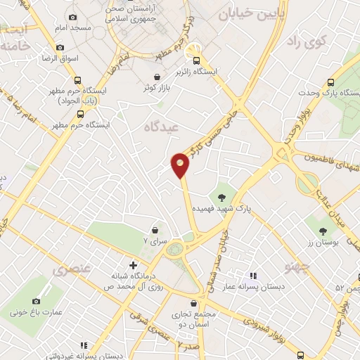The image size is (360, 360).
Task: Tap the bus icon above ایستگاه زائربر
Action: click(198, 60)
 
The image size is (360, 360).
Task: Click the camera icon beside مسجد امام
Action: click(72, 17)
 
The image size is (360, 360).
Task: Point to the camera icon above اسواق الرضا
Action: click(60, 48)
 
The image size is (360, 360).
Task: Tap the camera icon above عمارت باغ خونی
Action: click(36, 301)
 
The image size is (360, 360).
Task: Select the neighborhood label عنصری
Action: click(70, 269)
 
